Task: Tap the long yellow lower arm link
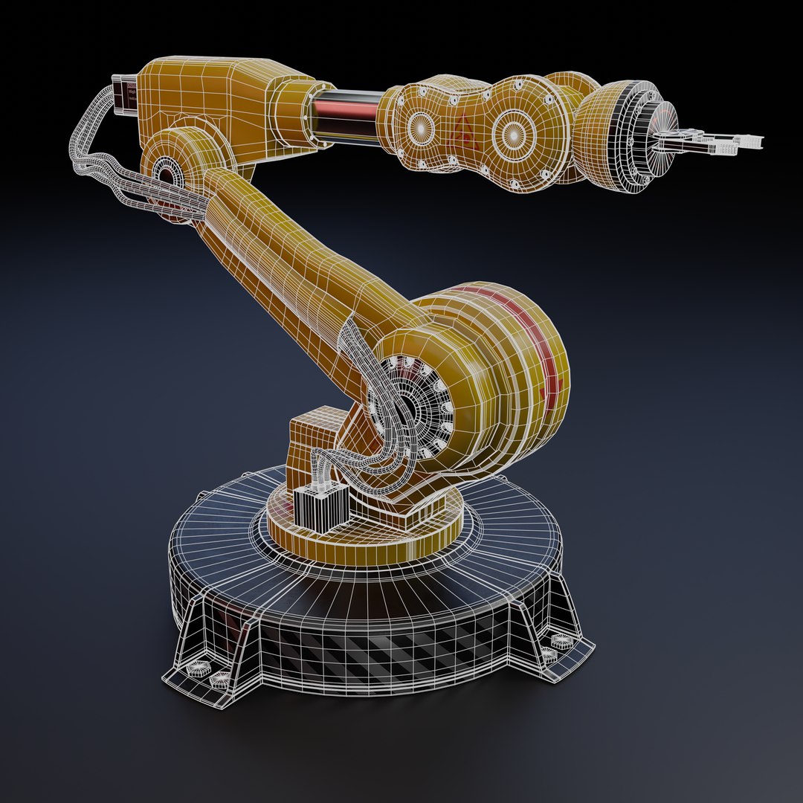point(297,260)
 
